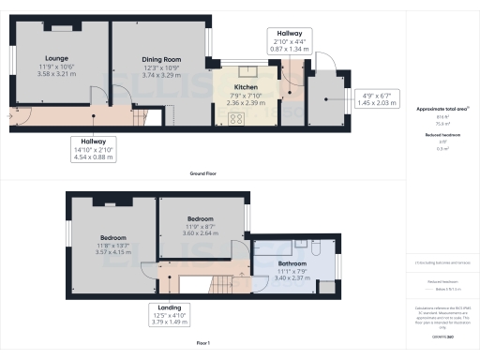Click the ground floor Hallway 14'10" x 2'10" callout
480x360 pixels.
click(x=94, y=150)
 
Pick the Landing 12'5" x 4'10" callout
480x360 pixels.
click(x=170, y=313)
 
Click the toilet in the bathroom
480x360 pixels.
click(x=316, y=248)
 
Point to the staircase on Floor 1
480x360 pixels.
click(x=222, y=286)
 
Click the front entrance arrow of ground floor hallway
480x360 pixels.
click(x=10, y=116)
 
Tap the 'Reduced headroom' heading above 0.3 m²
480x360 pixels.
click(x=439, y=135)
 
